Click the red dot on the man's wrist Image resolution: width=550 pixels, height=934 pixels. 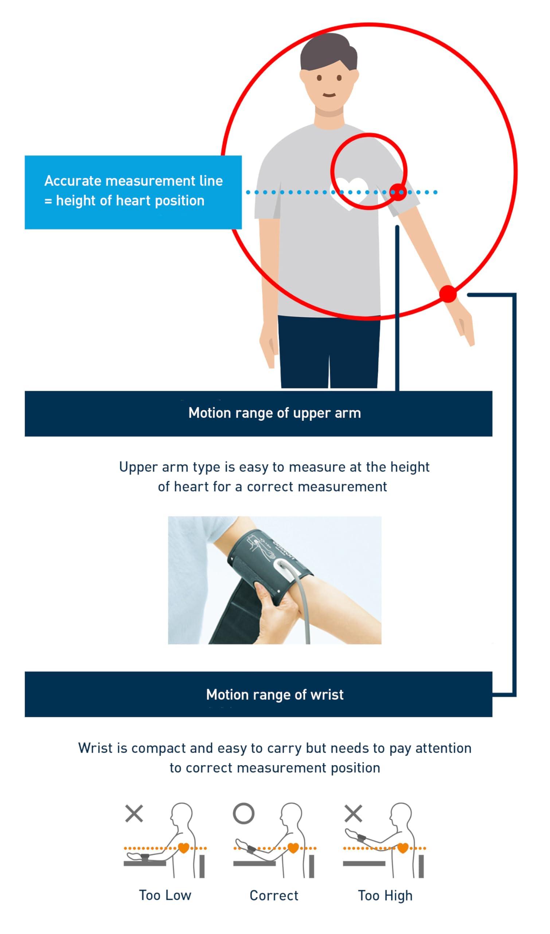pyautogui.click(x=448, y=294)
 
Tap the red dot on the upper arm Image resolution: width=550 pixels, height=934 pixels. pyautogui.click(x=398, y=192)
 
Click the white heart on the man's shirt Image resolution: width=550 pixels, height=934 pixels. pyautogui.click(x=350, y=192)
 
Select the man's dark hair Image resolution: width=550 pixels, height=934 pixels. pyautogui.click(x=328, y=52)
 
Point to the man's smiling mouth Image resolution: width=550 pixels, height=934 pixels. pyautogui.click(x=329, y=95)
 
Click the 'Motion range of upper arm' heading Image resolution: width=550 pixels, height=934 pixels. pyautogui.click(x=274, y=413)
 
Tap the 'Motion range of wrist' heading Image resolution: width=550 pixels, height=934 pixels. pyautogui.click(x=274, y=695)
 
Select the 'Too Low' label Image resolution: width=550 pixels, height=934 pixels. pyautogui.click(x=165, y=895)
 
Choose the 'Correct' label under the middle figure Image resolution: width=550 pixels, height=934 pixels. pyautogui.click(x=274, y=895)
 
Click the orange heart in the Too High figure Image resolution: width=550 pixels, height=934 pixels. pyautogui.click(x=402, y=848)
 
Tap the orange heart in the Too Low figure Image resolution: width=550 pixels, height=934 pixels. pyautogui.click(x=183, y=848)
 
